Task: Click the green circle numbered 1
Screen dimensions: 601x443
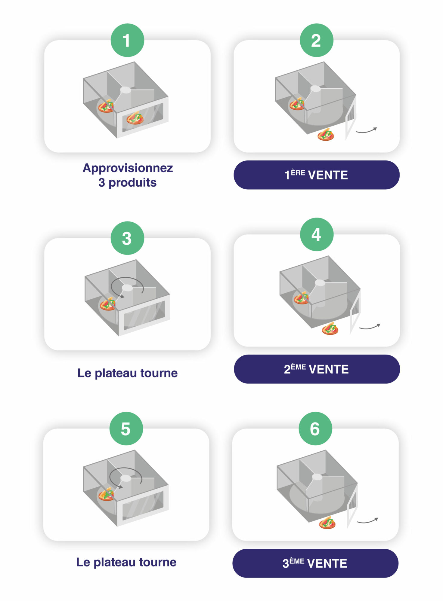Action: click(x=127, y=40)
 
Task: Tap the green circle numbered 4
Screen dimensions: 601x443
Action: click(x=317, y=234)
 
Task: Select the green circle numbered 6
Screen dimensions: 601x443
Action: click(x=315, y=429)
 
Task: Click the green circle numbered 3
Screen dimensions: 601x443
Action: click(x=127, y=238)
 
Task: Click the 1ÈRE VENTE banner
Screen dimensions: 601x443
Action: click(x=316, y=175)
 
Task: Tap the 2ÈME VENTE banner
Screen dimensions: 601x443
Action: click(x=317, y=369)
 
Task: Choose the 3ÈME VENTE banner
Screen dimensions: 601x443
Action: click(x=315, y=563)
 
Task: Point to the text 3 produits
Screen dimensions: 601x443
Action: click(x=127, y=183)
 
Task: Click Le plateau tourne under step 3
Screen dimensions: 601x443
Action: click(x=127, y=373)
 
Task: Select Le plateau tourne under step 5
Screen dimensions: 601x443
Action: click(x=126, y=562)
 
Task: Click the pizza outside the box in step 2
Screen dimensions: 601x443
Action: click(x=326, y=135)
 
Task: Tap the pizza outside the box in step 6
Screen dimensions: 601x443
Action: click(x=327, y=523)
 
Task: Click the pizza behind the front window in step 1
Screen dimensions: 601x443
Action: click(x=135, y=118)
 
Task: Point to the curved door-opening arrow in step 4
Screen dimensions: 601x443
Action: click(x=370, y=327)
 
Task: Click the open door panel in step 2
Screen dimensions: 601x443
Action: click(x=351, y=119)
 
